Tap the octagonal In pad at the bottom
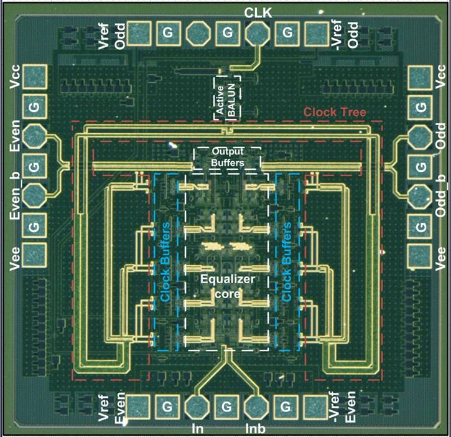click(197, 406)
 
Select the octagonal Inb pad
click(256, 406)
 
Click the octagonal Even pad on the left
click(34, 136)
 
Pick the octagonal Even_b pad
click(34, 195)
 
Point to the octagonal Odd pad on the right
click(420, 137)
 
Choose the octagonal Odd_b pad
click(420, 196)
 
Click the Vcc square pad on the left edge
click(35, 77)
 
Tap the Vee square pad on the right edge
click(420, 256)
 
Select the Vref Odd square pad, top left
click(139, 34)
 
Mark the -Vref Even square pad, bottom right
click(316, 406)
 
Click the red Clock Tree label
click(335, 112)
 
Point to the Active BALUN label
click(226, 100)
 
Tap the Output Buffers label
click(228, 157)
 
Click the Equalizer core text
click(228, 286)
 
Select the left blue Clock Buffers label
click(165, 261)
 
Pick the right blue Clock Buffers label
click(286, 261)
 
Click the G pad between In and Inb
click(226, 406)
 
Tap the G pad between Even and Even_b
click(34, 166)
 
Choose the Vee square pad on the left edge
click(34, 255)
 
